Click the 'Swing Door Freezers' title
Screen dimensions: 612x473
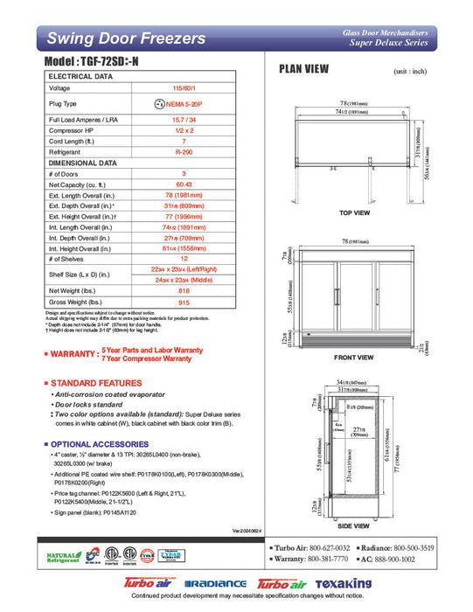click(126, 38)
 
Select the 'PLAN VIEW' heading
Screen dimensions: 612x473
click(303, 69)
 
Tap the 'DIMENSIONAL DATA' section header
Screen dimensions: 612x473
click(84, 163)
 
